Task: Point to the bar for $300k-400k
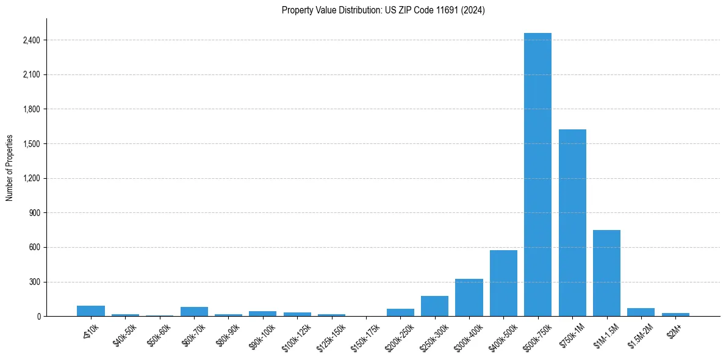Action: click(469, 298)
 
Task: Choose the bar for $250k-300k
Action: click(434, 306)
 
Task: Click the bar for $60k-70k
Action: click(194, 312)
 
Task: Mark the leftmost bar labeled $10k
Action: click(91, 311)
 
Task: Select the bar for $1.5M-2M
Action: click(641, 312)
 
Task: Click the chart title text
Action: click(383, 10)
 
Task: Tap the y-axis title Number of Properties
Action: click(10, 168)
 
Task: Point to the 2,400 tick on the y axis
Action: click(32, 40)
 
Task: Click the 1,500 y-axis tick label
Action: click(32, 144)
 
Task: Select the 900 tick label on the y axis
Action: click(35, 213)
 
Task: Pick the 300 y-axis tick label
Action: click(35, 282)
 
